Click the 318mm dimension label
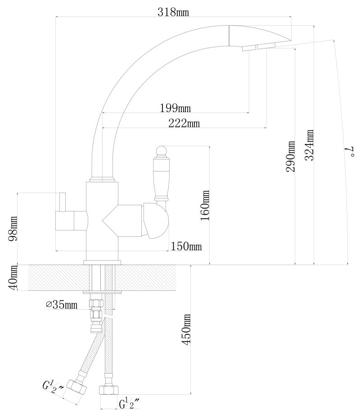click(173, 12)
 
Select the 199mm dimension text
click(175, 108)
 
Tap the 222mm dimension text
click(184, 123)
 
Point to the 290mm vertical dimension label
click(291, 156)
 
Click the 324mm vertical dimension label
click(309, 145)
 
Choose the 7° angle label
click(351, 151)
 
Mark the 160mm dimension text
click(205, 205)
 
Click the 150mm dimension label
click(186, 246)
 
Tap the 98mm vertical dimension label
click(13, 229)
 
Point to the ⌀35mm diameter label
click(62, 305)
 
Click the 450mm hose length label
click(186, 329)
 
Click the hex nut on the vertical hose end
click(108, 390)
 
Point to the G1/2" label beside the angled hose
click(53, 385)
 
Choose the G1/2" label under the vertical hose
click(129, 404)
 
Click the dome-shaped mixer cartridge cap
click(156, 221)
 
